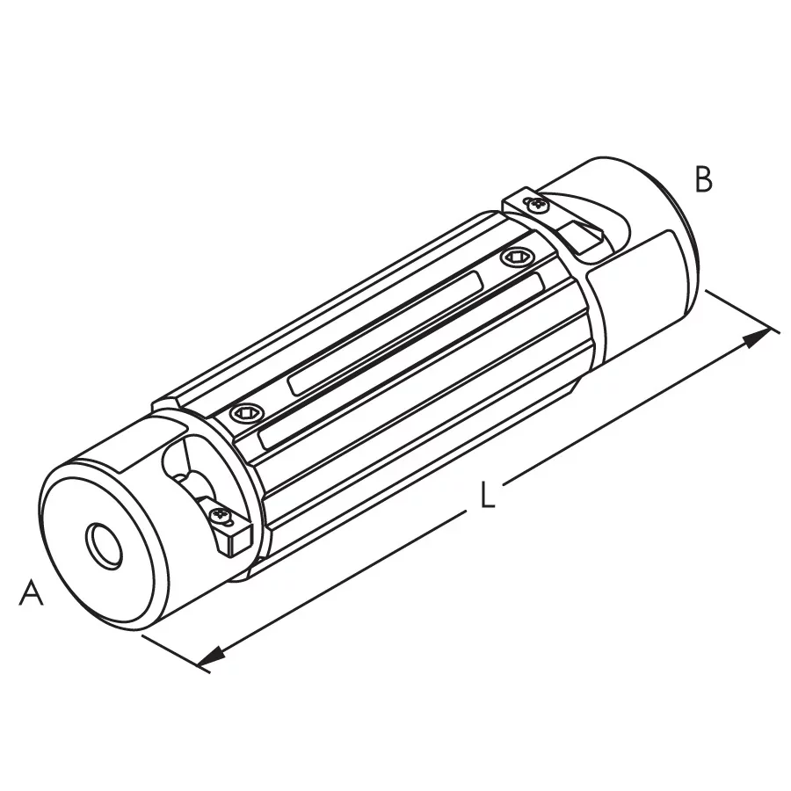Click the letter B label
[703, 178]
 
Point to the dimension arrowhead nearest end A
[210, 656]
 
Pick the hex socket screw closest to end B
[516, 258]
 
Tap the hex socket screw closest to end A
[247, 414]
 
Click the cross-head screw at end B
[537, 204]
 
